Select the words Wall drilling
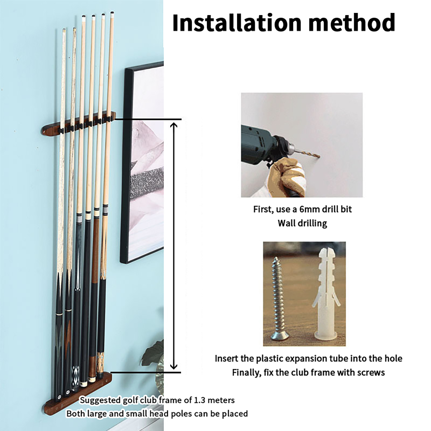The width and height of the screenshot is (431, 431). pyautogui.click(x=302, y=223)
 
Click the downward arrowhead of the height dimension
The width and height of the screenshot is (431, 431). pyautogui.click(x=174, y=366)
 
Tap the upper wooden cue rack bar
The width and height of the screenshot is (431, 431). pyautogui.click(x=78, y=125)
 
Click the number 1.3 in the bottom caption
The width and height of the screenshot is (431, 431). pyautogui.click(x=200, y=400)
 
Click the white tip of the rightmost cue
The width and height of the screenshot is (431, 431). pyautogui.click(x=112, y=13)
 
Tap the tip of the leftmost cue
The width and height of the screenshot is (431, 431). pyautogui.click(x=64, y=29)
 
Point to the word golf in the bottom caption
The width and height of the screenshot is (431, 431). pyautogui.click(x=129, y=401)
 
